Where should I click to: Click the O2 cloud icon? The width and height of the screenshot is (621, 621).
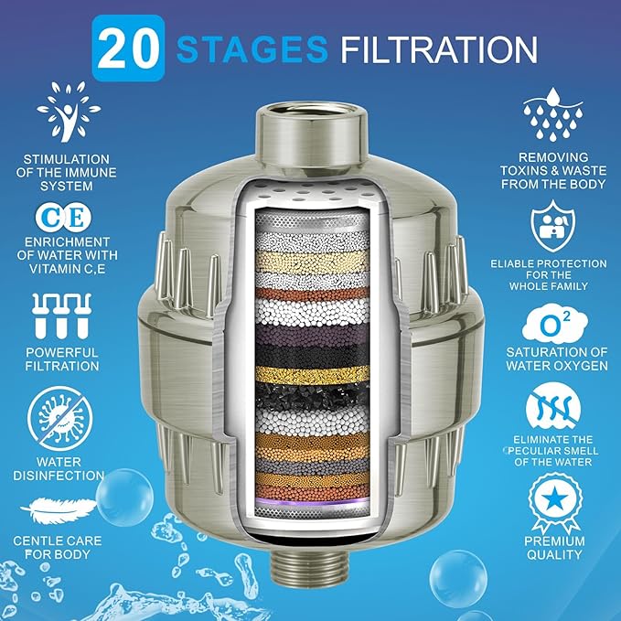pyautogui.click(x=554, y=325)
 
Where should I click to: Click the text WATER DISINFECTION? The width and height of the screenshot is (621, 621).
pyautogui.click(x=59, y=469)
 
